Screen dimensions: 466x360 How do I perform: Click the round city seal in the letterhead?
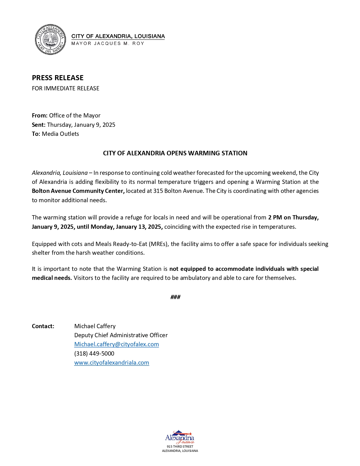(50, 40)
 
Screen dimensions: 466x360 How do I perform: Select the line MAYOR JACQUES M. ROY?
(108, 43)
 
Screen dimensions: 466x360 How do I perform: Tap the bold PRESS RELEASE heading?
(58, 78)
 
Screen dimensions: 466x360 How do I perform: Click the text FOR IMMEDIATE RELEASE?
(66, 88)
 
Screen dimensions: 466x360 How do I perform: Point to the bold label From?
(40, 116)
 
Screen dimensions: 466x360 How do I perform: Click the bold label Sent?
(39, 125)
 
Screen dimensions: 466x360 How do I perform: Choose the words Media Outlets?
(60, 134)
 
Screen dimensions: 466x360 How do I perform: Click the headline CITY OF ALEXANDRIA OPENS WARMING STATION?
(175, 153)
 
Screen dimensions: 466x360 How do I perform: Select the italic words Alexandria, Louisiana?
(60, 173)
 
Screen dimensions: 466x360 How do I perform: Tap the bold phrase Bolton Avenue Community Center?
(78, 191)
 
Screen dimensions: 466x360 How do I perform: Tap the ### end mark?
(175, 297)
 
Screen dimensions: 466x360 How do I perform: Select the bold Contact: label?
(43, 326)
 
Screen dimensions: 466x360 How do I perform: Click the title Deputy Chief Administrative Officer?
(121, 335)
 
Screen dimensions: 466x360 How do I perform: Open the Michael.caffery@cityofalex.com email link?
(116, 344)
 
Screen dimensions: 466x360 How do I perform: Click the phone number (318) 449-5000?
(94, 354)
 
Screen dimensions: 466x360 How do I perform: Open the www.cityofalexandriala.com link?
(112, 363)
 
